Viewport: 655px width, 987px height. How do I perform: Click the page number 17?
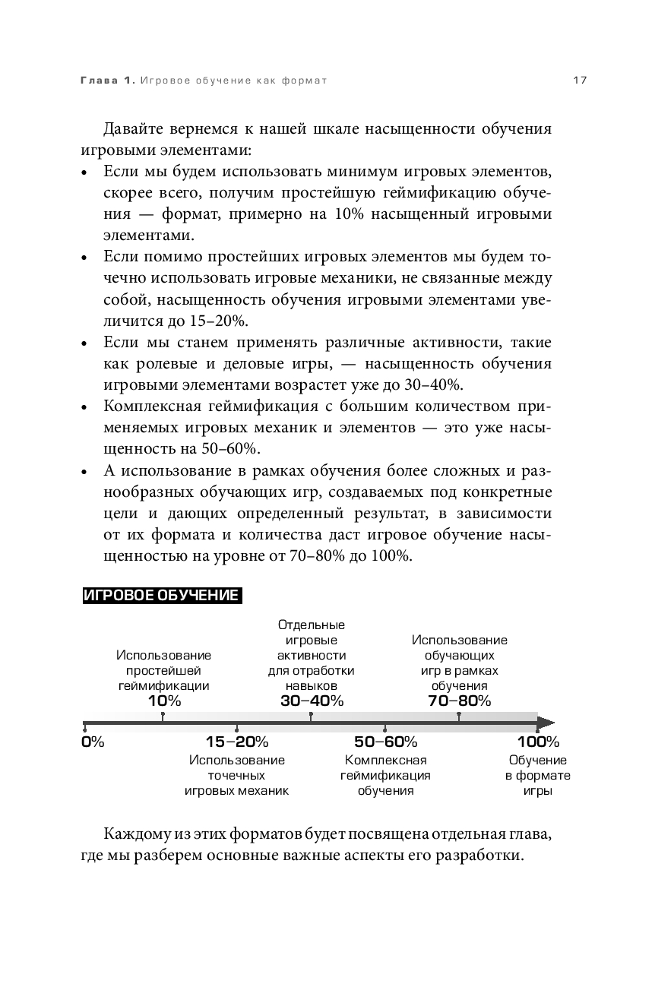pyautogui.click(x=580, y=81)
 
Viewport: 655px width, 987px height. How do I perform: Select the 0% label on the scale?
pyautogui.click(x=92, y=742)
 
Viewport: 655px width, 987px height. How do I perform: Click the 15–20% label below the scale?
pyautogui.click(x=236, y=742)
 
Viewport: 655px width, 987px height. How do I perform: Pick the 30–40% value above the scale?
pyautogui.click(x=312, y=701)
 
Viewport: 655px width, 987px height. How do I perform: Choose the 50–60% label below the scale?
pyautogui.click(x=385, y=742)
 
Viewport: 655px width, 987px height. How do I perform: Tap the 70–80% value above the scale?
pyautogui.click(x=459, y=701)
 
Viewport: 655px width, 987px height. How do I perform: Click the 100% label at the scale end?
pyautogui.click(x=538, y=742)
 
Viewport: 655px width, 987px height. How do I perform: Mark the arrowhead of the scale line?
pyautogui.click(x=546, y=723)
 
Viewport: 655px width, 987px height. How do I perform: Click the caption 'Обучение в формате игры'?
pyautogui.click(x=538, y=775)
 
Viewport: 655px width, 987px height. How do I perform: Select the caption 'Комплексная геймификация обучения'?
pyautogui.click(x=385, y=775)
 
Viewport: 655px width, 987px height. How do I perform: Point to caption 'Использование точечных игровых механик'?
pyautogui.click(x=236, y=775)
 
